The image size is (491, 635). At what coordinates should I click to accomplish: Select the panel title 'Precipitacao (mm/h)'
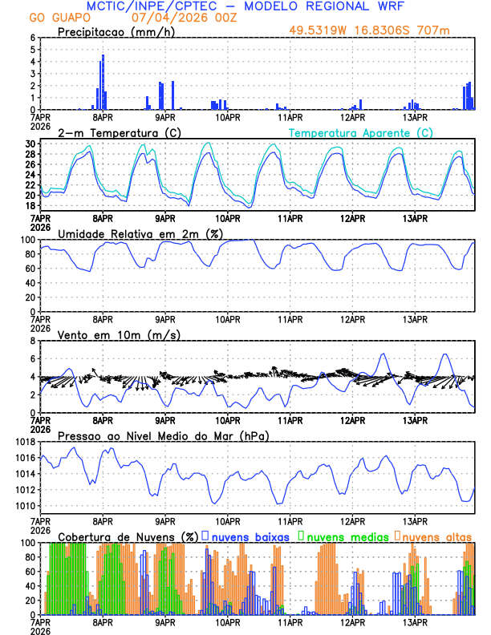[115, 31]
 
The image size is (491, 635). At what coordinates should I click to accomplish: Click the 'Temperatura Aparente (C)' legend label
[361, 132]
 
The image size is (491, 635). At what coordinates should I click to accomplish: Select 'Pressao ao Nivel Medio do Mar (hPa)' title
[164, 435]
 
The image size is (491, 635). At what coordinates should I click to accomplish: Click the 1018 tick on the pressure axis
[22, 442]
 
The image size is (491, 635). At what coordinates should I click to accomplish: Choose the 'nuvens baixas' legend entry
[249, 536]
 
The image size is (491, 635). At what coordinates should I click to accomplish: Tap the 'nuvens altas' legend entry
[436, 536]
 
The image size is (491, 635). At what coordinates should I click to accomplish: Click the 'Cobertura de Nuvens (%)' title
[128, 536]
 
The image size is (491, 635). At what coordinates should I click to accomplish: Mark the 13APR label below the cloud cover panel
[415, 621]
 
